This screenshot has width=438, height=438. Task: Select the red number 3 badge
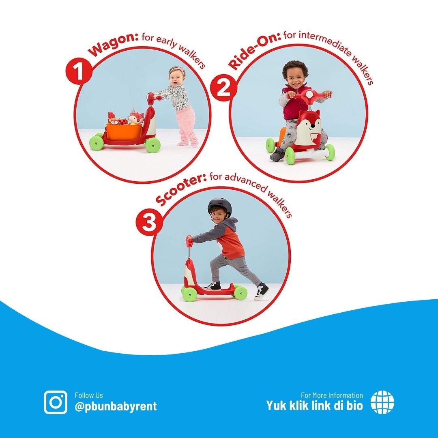click(149, 223)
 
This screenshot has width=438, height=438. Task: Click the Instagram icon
click(56, 402)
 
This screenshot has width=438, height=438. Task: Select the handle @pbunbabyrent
click(116, 406)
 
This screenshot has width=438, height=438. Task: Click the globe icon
click(382, 402)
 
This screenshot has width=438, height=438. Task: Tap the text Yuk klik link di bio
click(314, 405)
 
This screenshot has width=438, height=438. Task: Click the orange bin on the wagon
click(124, 131)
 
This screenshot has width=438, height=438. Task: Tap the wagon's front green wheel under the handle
click(153, 145)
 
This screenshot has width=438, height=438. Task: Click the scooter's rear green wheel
click(240, 292)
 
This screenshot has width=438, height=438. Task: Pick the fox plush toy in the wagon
click(136, 117)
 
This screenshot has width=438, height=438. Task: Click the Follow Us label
click(89, 395)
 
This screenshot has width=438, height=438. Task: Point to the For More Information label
click(332, 395)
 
